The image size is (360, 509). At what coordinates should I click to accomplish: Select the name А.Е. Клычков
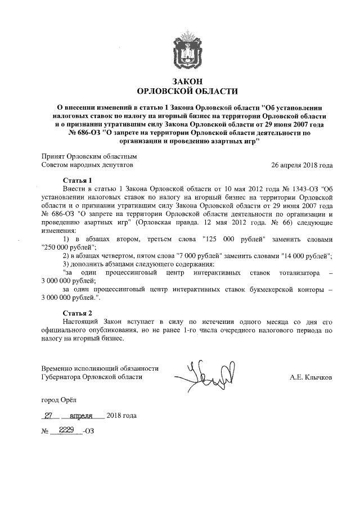tap(311, 377)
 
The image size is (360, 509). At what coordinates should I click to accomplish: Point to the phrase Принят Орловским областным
tap(89, 156)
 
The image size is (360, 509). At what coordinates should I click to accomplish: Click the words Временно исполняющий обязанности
tap(100, 368)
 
